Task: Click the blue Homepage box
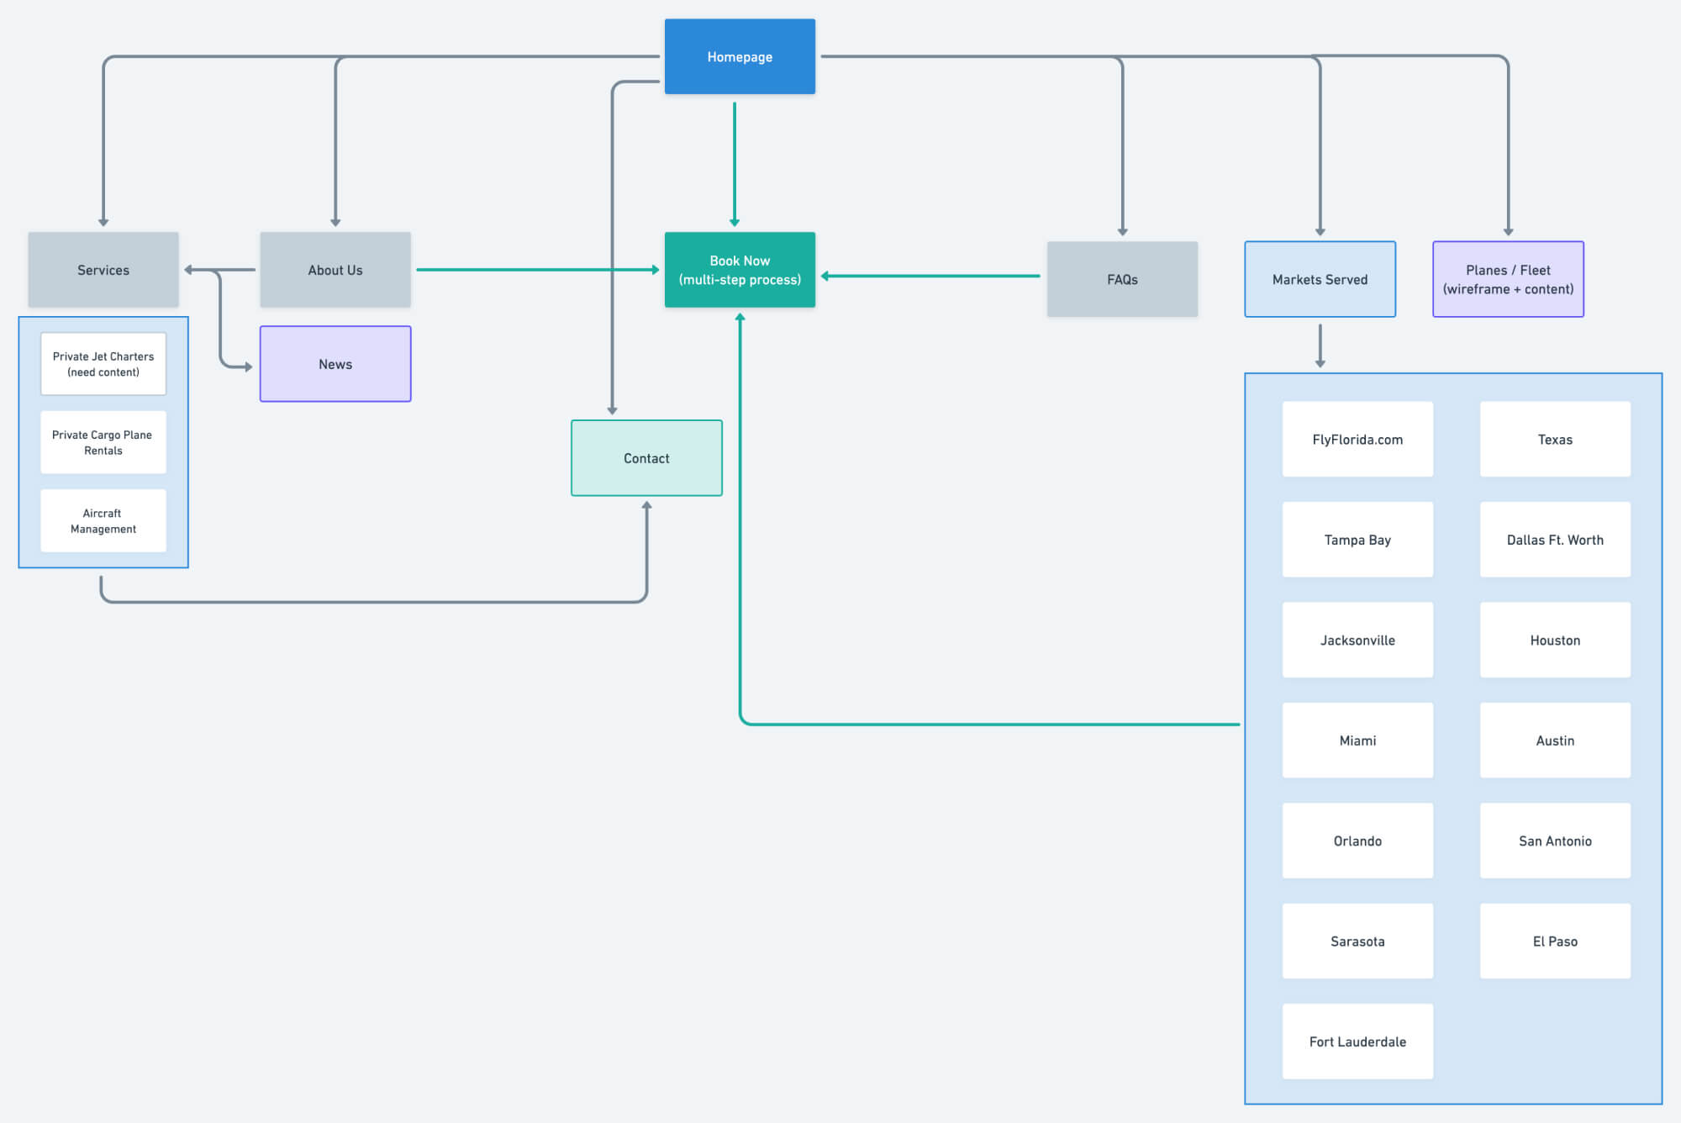point(740,56)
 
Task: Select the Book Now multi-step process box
point(740,270)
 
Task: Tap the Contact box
point(646,458)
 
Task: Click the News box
point(335,364)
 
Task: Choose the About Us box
point(335,270)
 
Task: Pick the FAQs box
point(1122,279)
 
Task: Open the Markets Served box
point(1320,279)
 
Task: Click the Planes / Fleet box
point(1508,279)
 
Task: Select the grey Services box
point(103,270)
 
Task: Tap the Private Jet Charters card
point(103,364)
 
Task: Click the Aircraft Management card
point(103,520)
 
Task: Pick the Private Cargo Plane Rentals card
point(103,442)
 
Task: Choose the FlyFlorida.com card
point(1357,439)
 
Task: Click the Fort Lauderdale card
point(1357,1041)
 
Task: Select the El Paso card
point(1555,941)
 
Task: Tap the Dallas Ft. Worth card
point(1555,540)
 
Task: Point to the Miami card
point(1357,740)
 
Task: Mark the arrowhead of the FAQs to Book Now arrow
point(825,276)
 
